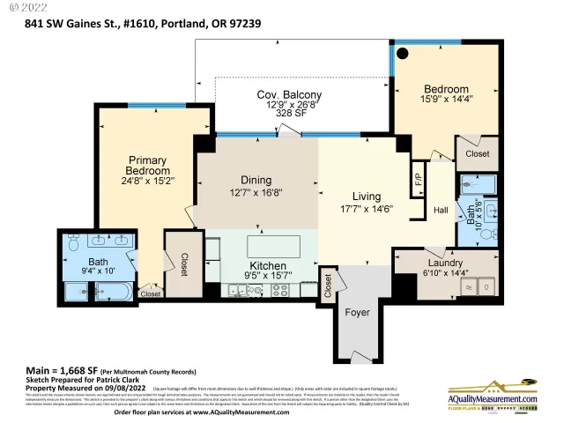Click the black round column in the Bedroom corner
(x=402, y=53)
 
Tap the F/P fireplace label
(x=418, y=182)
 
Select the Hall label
(x=442, y=211)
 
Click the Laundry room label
(x=444, y=263)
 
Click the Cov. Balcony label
(x=289, y=95)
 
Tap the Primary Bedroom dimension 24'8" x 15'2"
(x=147, y=181)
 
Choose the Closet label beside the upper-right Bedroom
(x=477, y=153)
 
